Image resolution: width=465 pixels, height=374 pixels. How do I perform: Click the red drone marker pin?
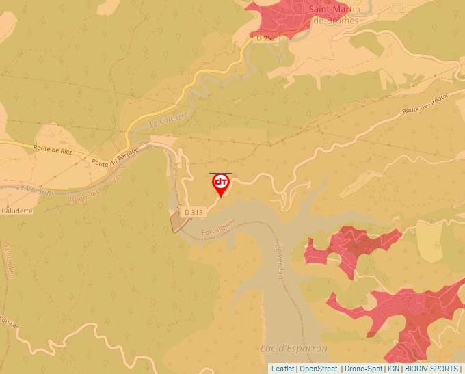[221, 184]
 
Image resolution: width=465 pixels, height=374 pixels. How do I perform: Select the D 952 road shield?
[265, 38]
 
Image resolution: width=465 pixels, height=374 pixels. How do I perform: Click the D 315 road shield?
[193, 213]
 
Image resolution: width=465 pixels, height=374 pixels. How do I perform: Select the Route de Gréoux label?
[425, 105]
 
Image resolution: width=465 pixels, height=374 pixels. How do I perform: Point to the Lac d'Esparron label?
[294, 349]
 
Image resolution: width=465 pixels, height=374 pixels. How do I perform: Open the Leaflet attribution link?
[283, 369]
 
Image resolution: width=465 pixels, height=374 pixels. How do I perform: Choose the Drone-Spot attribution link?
[363, 369]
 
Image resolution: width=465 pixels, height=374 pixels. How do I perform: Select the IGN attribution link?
[393, 369]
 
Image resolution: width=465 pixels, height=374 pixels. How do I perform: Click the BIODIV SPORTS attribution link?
[431, 369]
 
